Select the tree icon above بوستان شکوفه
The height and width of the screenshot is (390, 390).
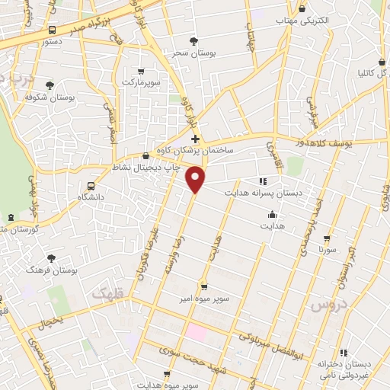click(x=50, y=85)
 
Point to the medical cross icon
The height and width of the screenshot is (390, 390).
click(x=196, y=139)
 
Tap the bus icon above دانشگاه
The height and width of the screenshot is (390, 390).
click(x=92, y=185)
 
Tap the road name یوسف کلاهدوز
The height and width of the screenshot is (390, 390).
click(x=331, y=142)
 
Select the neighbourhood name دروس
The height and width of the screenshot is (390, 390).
click(x=328, y=304)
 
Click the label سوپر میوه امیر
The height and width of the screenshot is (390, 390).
click(x=204, y=300)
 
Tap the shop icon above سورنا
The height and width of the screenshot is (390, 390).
click(x=328, y=238)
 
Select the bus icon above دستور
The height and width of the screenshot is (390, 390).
click(x=51, y=30)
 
